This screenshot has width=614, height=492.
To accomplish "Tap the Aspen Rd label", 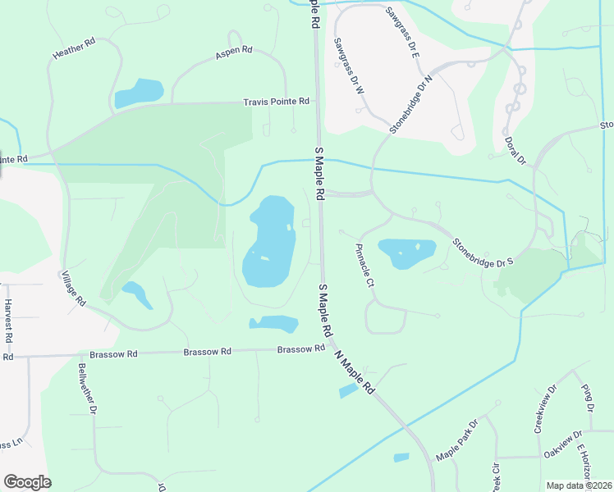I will point(234,53).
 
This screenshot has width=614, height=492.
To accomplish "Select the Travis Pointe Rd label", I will point(277,102).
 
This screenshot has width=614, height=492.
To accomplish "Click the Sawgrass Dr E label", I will point(401,33).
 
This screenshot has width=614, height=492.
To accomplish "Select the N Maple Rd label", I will point(355,374).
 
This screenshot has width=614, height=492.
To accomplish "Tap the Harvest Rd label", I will point(8,321).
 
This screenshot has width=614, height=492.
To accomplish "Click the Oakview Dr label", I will point(562,444).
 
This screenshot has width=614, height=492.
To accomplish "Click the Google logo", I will point(27,482).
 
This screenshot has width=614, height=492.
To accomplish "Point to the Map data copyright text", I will point(579,485).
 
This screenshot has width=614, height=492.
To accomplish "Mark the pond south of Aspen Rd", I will point(140,93).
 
